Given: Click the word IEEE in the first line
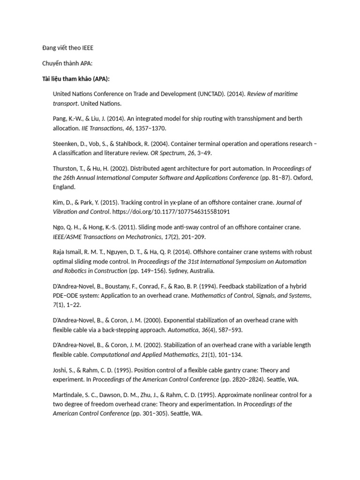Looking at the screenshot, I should click(x=91, y=48).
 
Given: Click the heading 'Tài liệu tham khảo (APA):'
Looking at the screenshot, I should click(x=76, y=78).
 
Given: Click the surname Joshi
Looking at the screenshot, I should click(x=61, y=370).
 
